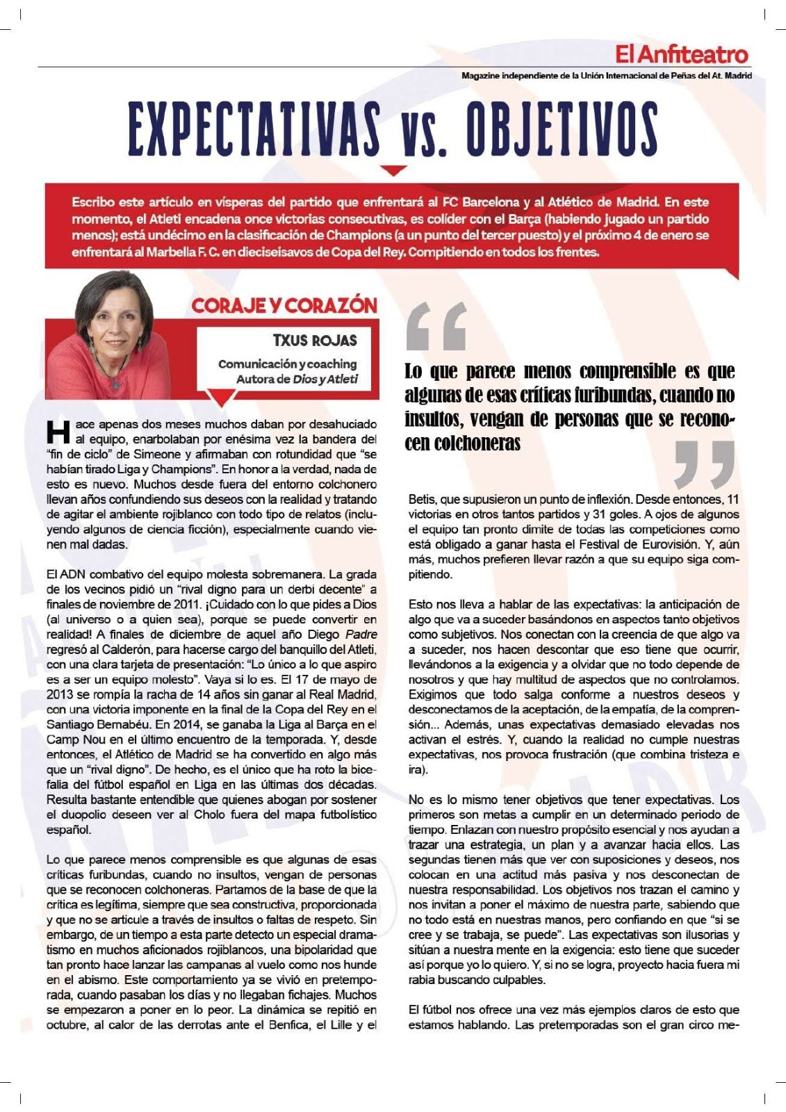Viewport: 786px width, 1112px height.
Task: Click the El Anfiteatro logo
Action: point(681,54)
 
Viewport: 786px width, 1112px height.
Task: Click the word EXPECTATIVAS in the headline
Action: point(254,131)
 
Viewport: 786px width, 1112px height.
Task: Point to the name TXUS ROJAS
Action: point(315,341)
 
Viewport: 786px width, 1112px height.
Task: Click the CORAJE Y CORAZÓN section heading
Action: point(284,306)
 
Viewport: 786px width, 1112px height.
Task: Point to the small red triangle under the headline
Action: point(394,170)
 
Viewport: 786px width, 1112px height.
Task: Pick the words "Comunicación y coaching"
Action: point(287,364)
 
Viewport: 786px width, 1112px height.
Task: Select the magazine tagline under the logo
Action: point(606,75)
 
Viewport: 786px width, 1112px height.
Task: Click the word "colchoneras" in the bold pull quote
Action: point(462,444)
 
